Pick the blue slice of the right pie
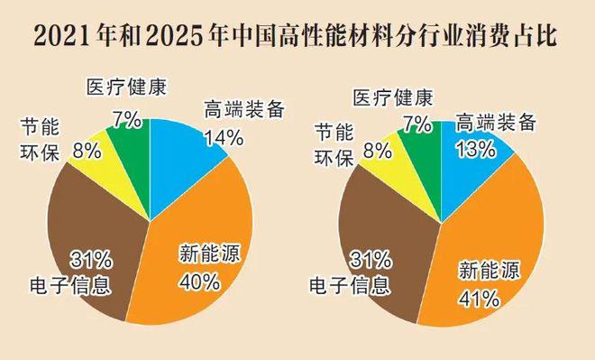tap(469, 167)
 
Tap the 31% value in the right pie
tap(370, 261)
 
